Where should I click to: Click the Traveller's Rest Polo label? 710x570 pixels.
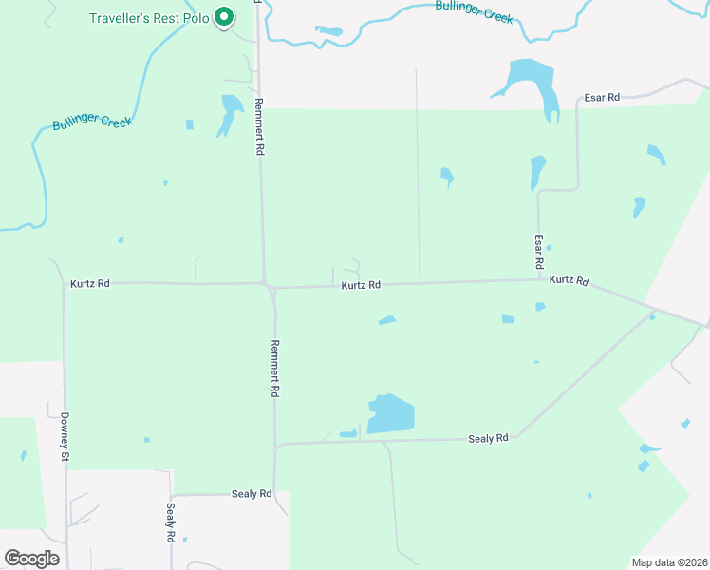149,18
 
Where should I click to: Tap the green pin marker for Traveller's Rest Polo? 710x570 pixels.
224,16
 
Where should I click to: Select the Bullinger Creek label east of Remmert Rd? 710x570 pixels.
474,10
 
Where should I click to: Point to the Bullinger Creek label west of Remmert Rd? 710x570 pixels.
92,123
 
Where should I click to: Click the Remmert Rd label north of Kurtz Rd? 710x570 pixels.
259,127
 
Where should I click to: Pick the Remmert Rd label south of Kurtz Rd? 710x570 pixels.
275,368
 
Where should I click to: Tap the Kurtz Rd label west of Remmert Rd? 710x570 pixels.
90,283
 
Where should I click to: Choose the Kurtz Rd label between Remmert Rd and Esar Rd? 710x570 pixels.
361,284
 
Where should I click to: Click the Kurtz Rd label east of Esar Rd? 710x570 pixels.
569,280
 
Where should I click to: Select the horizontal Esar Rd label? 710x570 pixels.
601,97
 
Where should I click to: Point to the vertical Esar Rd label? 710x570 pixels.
538,250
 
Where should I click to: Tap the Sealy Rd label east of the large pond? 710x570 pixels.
489,438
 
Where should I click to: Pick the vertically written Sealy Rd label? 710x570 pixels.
172,522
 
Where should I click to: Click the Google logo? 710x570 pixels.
31,559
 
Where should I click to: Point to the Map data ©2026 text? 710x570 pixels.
669,561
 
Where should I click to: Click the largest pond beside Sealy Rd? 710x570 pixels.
392,414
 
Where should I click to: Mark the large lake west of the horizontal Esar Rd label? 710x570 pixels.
532,81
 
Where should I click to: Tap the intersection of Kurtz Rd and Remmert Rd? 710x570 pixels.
269,284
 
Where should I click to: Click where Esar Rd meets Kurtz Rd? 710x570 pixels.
538,279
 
